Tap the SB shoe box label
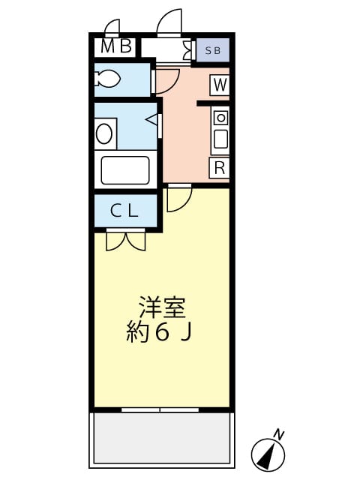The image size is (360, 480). tap(214, 49)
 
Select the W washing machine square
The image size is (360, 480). tap(219, 85)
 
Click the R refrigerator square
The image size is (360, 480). tap(219, 167)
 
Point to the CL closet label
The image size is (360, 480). tap(124, 211)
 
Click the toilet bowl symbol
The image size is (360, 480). tap(108, 78)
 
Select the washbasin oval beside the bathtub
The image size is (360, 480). tap(105, 134)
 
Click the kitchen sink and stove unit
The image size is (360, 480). tap(220, 129)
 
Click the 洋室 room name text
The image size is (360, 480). tap(161, 307)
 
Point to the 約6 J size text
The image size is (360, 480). tap(160, 332)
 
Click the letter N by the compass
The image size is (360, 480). tap(279, 434)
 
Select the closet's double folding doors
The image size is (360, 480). tap(125, 240)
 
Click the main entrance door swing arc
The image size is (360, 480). tap(170, 22)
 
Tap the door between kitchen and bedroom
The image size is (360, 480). tap(178, 197)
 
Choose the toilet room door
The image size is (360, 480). tap(166, 79)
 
